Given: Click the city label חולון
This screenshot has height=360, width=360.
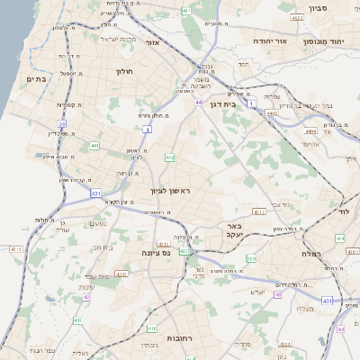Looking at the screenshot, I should (x=124, y=69).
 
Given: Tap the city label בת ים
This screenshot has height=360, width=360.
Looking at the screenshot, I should (x=33, y=80).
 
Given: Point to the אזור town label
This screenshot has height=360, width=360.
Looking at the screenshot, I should (x=152, y=42).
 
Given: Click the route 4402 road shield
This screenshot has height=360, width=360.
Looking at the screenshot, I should (x=272, y=114).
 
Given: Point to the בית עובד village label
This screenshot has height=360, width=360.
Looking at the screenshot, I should (x=101, y=247).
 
